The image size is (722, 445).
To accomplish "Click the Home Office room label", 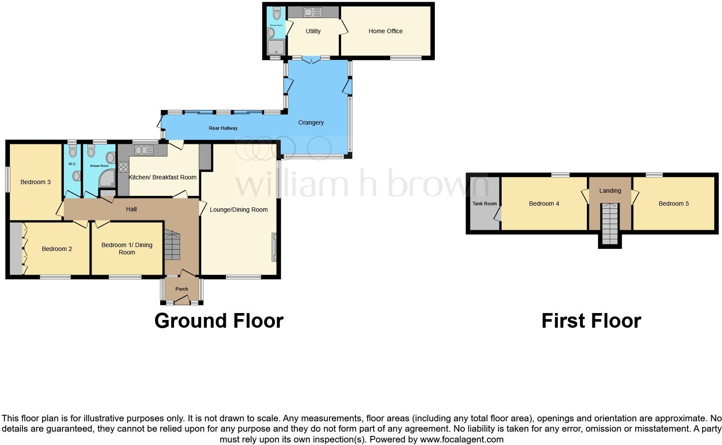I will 385,31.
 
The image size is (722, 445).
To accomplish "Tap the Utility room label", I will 313,31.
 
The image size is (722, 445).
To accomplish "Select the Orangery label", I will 311,122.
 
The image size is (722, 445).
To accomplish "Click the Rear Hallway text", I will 223,128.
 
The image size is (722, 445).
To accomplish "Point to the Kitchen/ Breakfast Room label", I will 162,177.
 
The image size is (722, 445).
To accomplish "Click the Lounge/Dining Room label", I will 238,210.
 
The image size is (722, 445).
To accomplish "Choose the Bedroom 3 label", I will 35,182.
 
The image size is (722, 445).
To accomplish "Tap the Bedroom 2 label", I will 57,249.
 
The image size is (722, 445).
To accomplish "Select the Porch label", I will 182,289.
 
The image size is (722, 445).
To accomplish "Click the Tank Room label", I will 484,204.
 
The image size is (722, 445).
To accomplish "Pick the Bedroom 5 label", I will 673,204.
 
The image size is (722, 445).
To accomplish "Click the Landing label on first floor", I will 610,191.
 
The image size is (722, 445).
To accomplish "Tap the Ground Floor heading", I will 218,321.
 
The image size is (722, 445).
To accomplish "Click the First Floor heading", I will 591,321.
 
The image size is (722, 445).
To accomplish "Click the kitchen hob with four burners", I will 123,166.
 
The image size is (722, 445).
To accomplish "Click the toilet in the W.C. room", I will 73,150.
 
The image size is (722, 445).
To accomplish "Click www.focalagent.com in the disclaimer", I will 461,439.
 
